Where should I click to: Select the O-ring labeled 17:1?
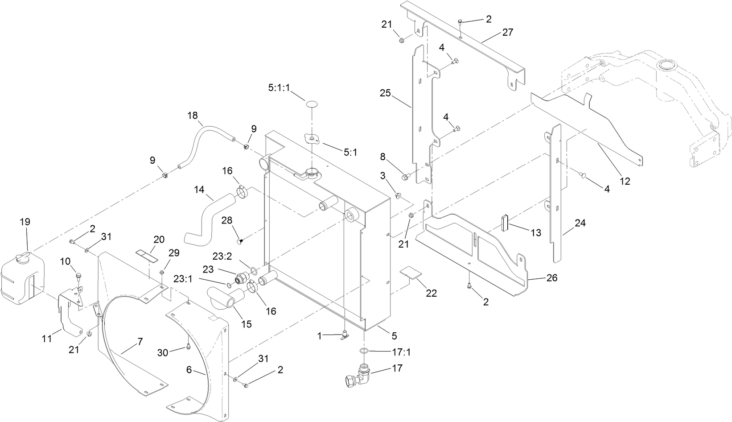point(364,352)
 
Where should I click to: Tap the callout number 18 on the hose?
point(192,116)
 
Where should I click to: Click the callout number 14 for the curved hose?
point(199,190)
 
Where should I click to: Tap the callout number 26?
point(551,277)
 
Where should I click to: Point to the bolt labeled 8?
point(407,178)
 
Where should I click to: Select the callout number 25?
point(386,93)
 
